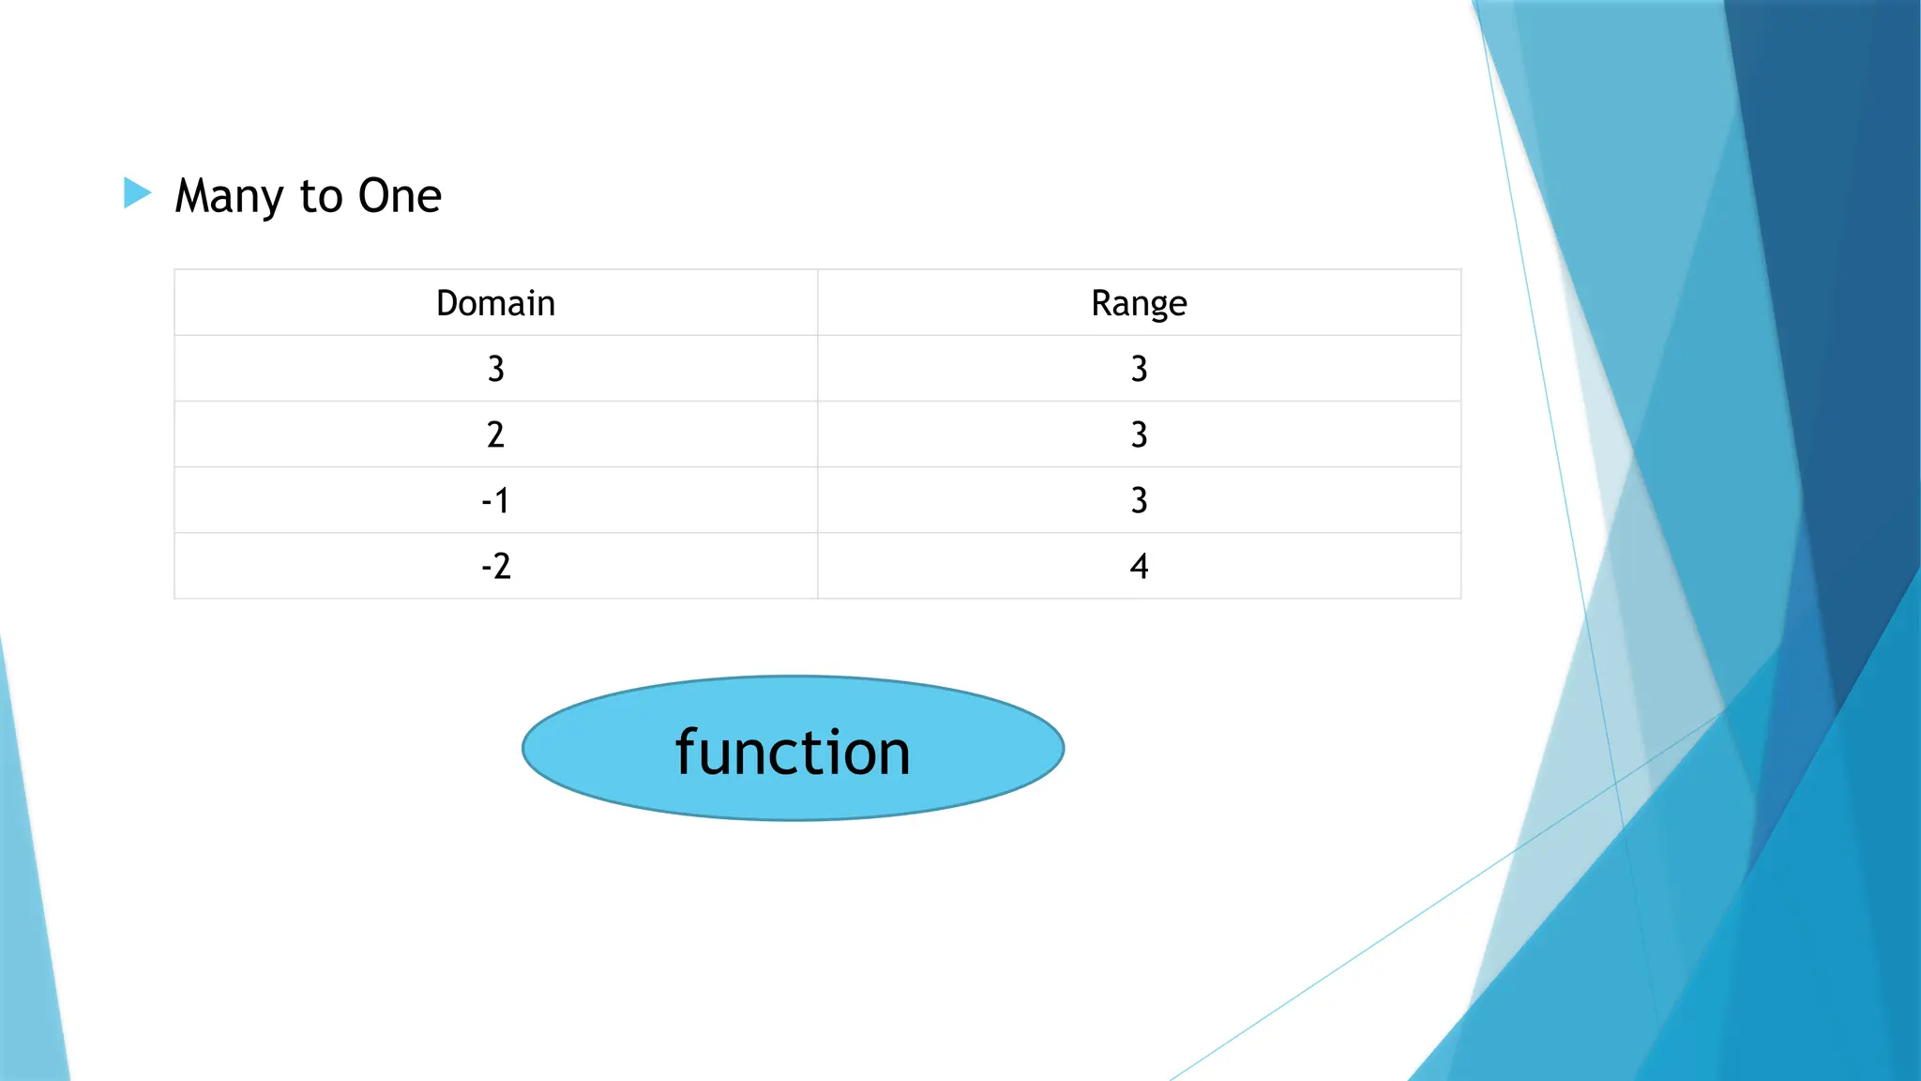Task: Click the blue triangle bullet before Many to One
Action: [137, 193]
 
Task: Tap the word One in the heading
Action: [400, 196]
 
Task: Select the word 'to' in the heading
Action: [321, 196]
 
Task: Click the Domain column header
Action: [495, 303]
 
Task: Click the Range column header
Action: [1139, 303]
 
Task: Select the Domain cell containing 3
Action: [495, 369]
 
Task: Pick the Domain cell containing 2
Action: [495, 434]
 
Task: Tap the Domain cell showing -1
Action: [495, 500]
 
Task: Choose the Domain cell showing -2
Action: [495, 566]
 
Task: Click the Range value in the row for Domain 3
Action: [1139, 369]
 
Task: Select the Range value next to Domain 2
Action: [1139, 434]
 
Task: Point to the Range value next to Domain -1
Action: [1139, 500]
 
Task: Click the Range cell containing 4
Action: [1139, 566]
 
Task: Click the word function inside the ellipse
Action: [793, 752]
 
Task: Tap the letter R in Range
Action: [1101, 303]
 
